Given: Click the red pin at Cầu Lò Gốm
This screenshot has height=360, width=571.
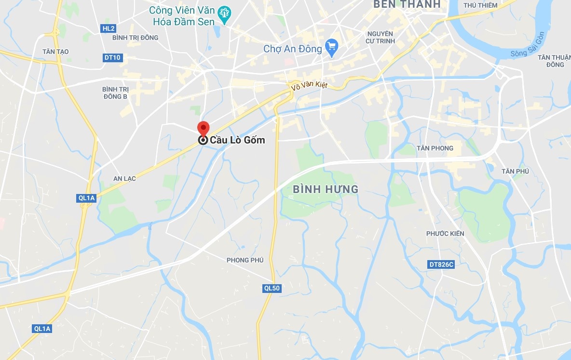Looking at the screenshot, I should coord(204,128).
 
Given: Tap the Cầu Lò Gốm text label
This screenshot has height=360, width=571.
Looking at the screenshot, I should coord(237,140).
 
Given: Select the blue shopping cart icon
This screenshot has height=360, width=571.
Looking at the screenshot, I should coord(331,47).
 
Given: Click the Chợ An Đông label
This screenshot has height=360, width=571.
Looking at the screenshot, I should coord(292,49).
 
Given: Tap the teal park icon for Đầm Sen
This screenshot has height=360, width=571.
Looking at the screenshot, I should coord(224,15).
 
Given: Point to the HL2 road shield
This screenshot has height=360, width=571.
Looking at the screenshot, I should coord(109,28).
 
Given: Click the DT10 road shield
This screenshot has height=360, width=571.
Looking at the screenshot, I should coord(112,58).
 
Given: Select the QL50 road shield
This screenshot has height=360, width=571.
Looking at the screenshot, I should coord(272,288).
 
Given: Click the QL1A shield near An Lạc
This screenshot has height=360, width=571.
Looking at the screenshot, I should coord(87,198).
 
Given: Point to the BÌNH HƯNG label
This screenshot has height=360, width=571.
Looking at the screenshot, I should coord(326,189).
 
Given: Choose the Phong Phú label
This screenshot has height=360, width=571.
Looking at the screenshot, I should coord(245,260).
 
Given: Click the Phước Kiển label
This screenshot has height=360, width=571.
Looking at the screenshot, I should coord(445,234).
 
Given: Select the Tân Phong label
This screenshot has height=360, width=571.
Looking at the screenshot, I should coord(435,148).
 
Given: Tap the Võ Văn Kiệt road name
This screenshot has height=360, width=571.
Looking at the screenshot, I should coord(309,86).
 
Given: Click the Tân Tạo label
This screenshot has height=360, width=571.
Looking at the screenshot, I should coord(55,52).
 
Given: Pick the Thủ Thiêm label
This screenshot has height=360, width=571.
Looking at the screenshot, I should coord(480,5).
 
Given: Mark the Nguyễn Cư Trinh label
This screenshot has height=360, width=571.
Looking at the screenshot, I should coord(380,37).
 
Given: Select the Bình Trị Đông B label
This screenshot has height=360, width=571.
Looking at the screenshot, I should coord(115,93).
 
